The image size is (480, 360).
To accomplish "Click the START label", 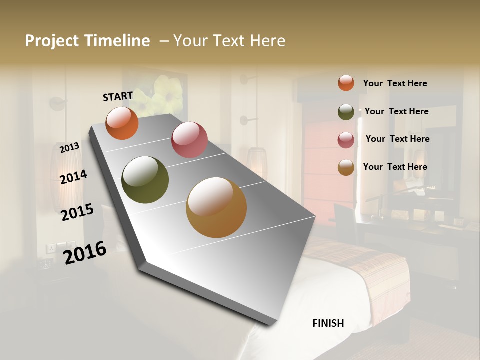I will [118, 96].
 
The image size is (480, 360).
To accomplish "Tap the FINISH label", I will [328, 323].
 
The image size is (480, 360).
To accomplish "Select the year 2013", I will [69, 148].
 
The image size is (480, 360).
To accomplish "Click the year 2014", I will [73, 177].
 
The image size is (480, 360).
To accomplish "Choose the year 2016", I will [85, 252].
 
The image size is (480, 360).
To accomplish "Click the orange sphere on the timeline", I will [122, 123].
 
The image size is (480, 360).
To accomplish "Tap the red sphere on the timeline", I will [189, 140].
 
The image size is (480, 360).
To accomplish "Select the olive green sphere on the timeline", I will [145, 180].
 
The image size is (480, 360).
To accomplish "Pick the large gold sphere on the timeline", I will [216, 207].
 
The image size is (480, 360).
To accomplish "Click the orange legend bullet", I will [346, 83].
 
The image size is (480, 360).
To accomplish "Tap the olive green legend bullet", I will [346, 112].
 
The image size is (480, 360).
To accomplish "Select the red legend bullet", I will [346, 140].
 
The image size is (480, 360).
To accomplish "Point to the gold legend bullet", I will [346, 168].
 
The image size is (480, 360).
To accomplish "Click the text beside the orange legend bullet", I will [395, 84].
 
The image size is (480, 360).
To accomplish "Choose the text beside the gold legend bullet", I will [395, 167].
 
